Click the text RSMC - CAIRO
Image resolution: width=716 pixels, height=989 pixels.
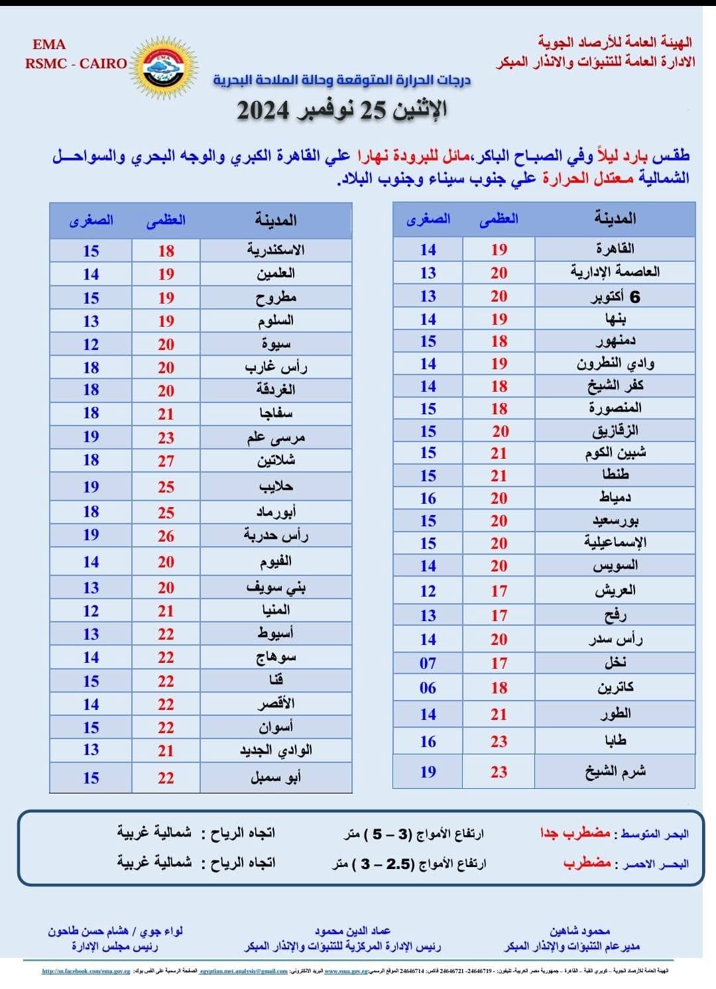point(76,64)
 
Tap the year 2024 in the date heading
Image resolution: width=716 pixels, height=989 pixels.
point(263,110)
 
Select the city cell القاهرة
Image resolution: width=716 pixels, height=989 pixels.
point(615,249)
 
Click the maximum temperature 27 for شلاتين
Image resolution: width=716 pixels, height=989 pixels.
point(166,461)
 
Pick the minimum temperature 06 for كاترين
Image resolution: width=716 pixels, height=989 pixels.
point(428,688)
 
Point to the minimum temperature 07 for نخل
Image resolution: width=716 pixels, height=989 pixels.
point(428,663)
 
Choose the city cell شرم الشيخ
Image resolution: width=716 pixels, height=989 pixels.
point(615,772)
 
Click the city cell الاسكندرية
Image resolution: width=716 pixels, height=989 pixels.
point(276,251)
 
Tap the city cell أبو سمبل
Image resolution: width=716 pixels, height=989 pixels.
point(276,778)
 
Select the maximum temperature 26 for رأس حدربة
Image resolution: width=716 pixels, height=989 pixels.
point(166,536)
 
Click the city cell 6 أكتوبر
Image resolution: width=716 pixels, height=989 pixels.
point(615,296)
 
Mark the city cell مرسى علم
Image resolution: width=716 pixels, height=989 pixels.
point(276,437)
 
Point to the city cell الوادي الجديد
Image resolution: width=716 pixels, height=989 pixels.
point(276,750)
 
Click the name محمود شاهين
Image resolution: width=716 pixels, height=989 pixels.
point(579,931)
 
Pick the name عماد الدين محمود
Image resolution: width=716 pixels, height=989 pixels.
point(352,931)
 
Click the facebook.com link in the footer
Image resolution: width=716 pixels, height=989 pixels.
point(86,971)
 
